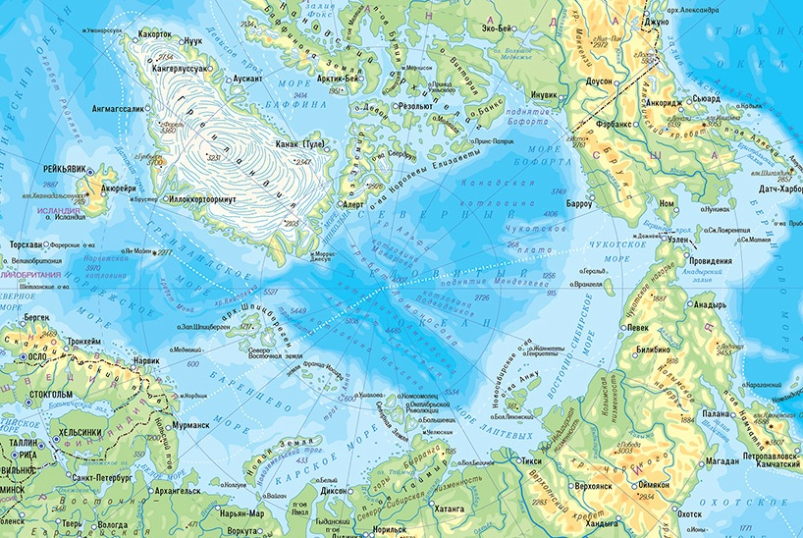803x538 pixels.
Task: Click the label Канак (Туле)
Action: pos(301,144)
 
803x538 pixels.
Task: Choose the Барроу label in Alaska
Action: pos(582,201)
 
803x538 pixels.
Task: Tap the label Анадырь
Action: pos(710,305)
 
